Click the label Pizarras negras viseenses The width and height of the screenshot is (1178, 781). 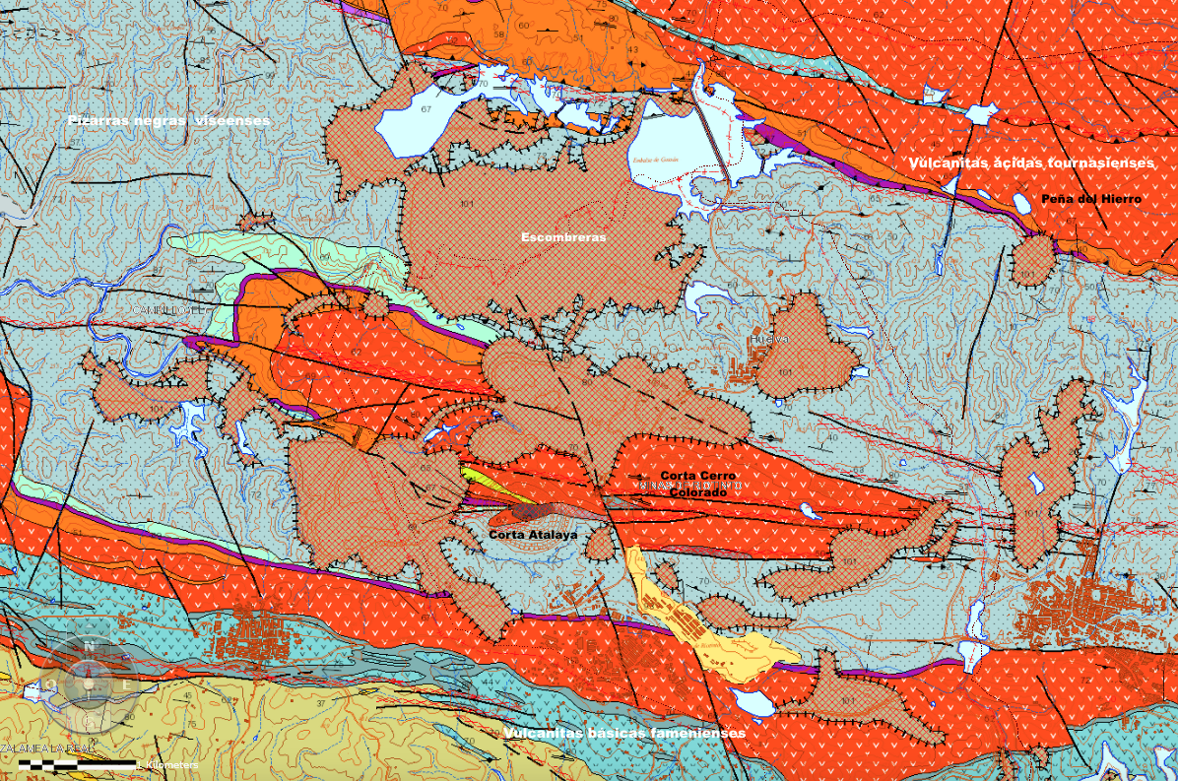(x=168, y=120)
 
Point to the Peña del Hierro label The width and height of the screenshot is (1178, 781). (x=1090, y=199)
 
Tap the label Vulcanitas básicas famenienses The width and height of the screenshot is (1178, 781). (x=624, y=734)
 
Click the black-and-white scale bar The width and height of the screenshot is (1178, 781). (x=77, y=763)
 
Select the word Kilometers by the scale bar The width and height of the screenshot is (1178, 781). (x=169, y=764)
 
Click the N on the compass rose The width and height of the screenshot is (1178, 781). (x=88, y=646)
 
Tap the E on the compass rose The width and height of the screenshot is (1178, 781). (x=126, y=683)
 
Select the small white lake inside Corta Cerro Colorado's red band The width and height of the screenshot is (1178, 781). (x=809, y=510)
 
